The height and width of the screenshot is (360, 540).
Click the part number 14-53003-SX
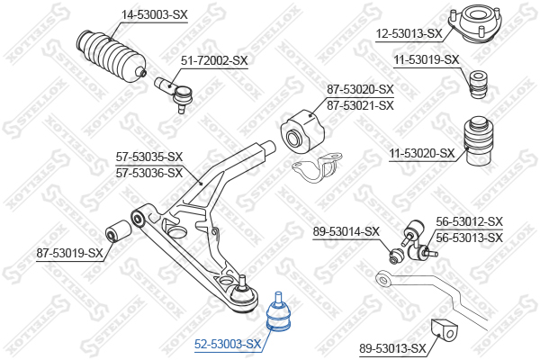[154, 14]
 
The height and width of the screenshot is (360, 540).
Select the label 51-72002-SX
[214, 60]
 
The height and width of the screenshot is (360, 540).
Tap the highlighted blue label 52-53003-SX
[228, 344]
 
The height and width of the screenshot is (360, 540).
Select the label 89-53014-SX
[346, 231]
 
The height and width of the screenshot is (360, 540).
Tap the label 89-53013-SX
[392, 348]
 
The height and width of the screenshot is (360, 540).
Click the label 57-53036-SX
[149, 172]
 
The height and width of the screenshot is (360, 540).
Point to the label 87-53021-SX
[360, 105]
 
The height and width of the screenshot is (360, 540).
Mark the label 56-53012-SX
[469, 221]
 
